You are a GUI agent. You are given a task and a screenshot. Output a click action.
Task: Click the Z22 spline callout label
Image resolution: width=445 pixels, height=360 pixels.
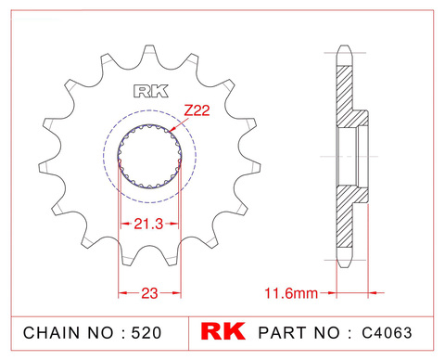point(196,110)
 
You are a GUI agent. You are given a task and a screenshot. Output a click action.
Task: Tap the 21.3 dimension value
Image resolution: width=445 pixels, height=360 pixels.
point(147,224)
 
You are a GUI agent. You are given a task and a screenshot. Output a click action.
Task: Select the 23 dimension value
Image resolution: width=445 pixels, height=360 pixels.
point(147,293)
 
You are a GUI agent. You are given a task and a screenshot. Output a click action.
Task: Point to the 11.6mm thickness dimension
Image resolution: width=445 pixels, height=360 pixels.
point(289,293)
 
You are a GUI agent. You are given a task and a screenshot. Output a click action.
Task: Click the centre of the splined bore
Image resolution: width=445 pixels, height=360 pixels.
point(148,157)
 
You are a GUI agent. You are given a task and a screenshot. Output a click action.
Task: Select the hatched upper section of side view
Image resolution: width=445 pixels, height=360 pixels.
point(344,93)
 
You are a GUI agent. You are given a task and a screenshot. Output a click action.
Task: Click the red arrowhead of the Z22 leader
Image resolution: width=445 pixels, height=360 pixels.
point(172,131)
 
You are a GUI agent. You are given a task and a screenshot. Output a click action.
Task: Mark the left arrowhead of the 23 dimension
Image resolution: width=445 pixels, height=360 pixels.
point(121,293)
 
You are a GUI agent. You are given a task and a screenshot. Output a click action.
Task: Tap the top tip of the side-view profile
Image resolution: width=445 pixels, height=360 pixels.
point(344,44)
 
